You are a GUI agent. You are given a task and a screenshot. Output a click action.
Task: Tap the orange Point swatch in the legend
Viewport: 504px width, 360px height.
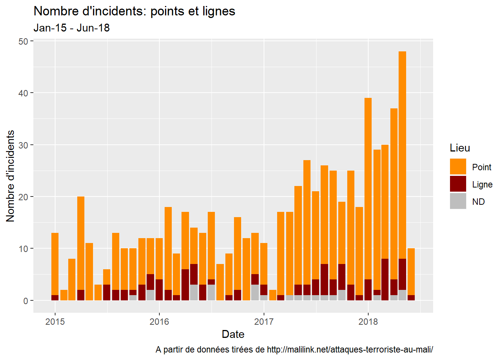click(x=458, y=166)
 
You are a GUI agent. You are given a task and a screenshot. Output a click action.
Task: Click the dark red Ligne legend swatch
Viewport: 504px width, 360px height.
click(x=458, y=184)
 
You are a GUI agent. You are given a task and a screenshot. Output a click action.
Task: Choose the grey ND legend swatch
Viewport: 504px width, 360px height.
click(x=458, y=201)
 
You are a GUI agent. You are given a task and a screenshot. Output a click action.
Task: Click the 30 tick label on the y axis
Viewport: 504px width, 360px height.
click(x=23, y=145)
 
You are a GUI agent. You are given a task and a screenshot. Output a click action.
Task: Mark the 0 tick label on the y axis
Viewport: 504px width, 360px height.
click(x=25, y=301)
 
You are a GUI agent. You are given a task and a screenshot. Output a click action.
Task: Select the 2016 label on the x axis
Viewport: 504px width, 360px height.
click(x=159, y=322)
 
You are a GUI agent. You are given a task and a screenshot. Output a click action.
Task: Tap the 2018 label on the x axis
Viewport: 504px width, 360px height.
click(x=368, y=322)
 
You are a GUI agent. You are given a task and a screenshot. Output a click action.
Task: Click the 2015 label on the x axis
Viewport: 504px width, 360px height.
click(x=55, y=322)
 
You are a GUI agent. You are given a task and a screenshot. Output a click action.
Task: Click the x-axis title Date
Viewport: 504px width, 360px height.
click(x=233, y=334)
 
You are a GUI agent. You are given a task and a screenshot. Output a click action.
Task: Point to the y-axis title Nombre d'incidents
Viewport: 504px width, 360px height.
click(x=10, y=176)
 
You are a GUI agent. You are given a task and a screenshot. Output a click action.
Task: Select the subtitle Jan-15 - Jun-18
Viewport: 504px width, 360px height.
click(x=72, y=28)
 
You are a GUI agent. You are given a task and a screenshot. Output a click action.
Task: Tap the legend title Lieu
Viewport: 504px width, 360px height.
click(x=460, y=148)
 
